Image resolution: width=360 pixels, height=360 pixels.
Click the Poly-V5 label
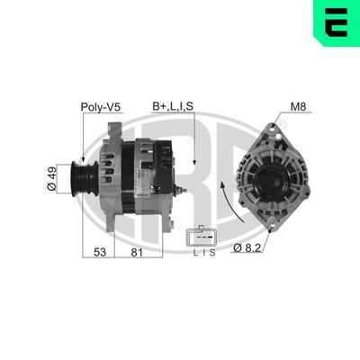click(101, 107)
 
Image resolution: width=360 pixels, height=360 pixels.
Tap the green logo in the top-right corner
click(335, 23)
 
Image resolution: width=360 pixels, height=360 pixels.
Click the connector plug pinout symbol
click(199, 237)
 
